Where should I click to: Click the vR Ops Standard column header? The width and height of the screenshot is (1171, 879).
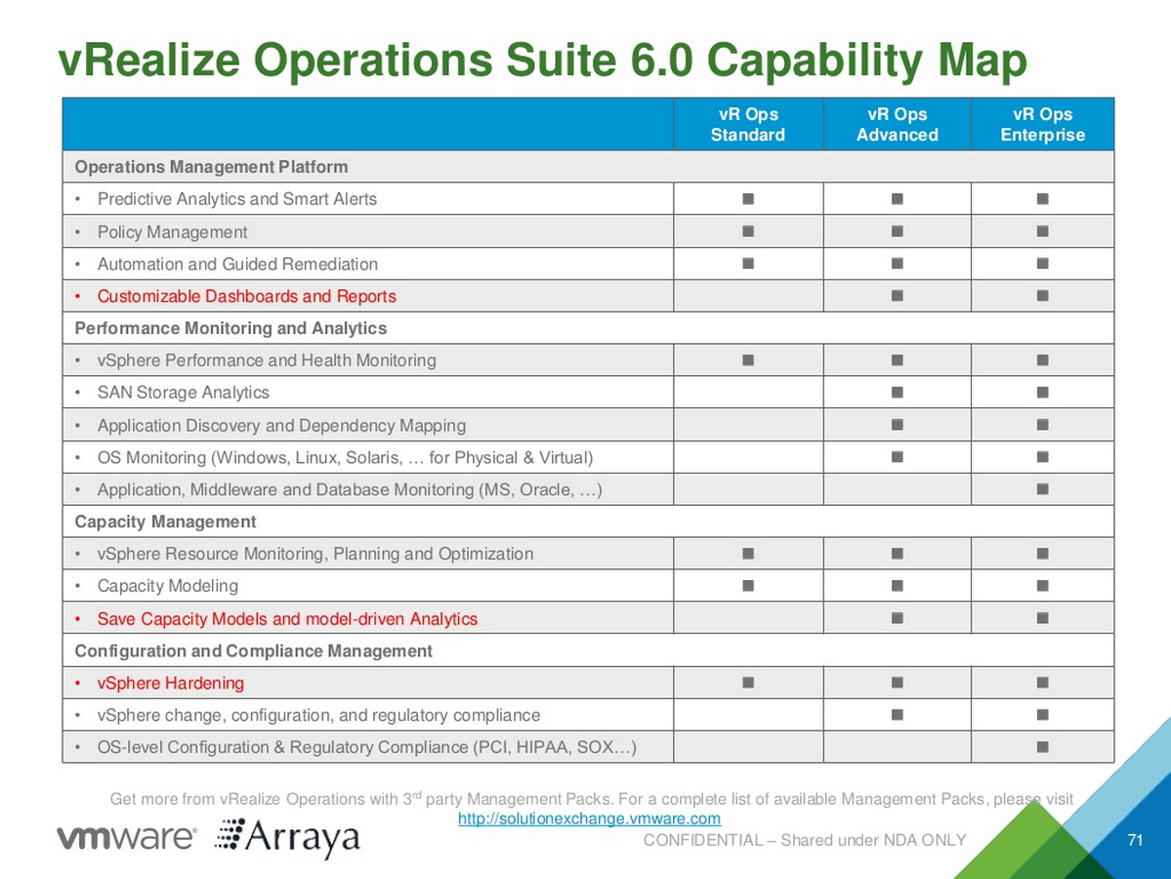point(747,125)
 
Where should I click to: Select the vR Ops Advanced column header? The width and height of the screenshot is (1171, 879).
point(897,125)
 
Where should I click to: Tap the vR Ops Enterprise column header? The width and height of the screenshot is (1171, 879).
point(1042,125)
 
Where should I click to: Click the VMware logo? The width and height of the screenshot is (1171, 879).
point(127,836)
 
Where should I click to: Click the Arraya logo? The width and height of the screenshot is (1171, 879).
point(287,838)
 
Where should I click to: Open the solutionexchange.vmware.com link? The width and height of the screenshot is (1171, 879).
point(589,818)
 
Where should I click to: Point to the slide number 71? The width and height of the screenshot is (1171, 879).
point(1135,840)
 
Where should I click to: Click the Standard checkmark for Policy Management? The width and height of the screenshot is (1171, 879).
point(747,231)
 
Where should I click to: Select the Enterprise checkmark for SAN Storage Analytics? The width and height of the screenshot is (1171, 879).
point(1042,392)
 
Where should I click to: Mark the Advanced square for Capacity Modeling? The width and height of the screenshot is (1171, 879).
point(897,585)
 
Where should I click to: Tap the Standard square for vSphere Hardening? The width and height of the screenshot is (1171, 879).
point(747,683)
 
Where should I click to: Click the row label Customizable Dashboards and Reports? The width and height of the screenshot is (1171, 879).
point(246,297)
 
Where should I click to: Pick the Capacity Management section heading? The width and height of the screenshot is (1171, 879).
point(165,522)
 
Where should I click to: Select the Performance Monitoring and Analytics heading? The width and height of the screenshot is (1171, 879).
point(230,328)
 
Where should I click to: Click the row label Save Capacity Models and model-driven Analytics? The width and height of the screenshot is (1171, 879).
point(287,619)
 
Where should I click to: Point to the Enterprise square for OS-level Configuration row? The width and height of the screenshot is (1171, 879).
point(1042,747)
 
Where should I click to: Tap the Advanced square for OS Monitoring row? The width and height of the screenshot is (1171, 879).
point(897,456)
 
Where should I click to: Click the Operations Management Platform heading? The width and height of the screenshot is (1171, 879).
point(211,167)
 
